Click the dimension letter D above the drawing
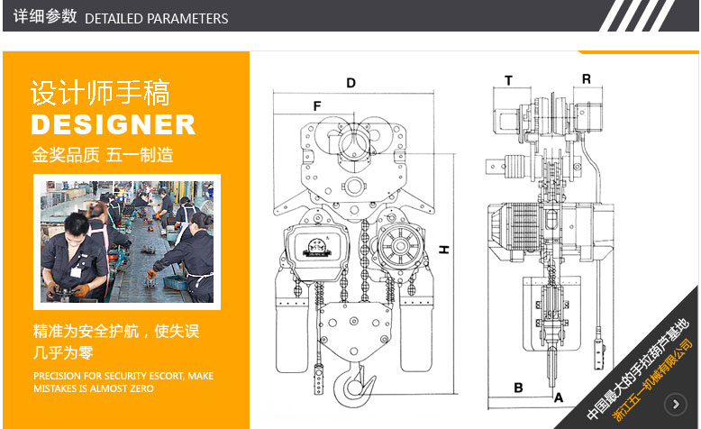point(350,83)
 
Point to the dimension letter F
point(317,106)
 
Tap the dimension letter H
point(443,250)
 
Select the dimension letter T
point(508,80)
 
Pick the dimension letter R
point(586,79)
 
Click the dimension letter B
point(518,388)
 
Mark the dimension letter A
point(559,397)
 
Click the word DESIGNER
point(114,124)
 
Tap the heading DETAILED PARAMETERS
point(157,18)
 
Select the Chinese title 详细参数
point(45,16)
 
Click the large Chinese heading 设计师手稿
point(100,93)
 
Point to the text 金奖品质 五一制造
point(103,155)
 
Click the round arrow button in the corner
point(676,405)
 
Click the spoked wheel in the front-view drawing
point(400,246)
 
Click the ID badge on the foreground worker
point(76,272)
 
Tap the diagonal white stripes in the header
point(637,15)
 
